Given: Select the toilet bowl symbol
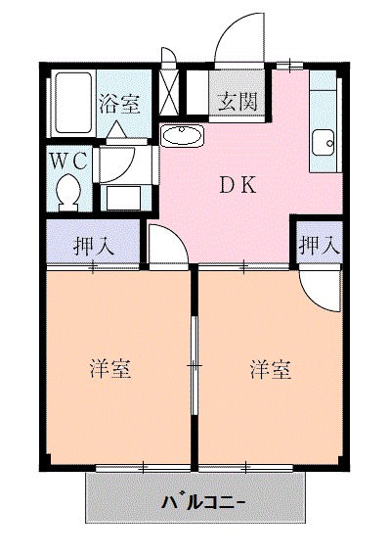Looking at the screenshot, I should pyautogui.click(x=69, y=190).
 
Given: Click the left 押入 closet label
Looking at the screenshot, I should pyautogui.click(x=94, y=245).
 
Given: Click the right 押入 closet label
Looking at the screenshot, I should pyautogui.click(x=318, y=245).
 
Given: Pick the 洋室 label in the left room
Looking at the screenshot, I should pyautogui.click(x=110, y=370).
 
